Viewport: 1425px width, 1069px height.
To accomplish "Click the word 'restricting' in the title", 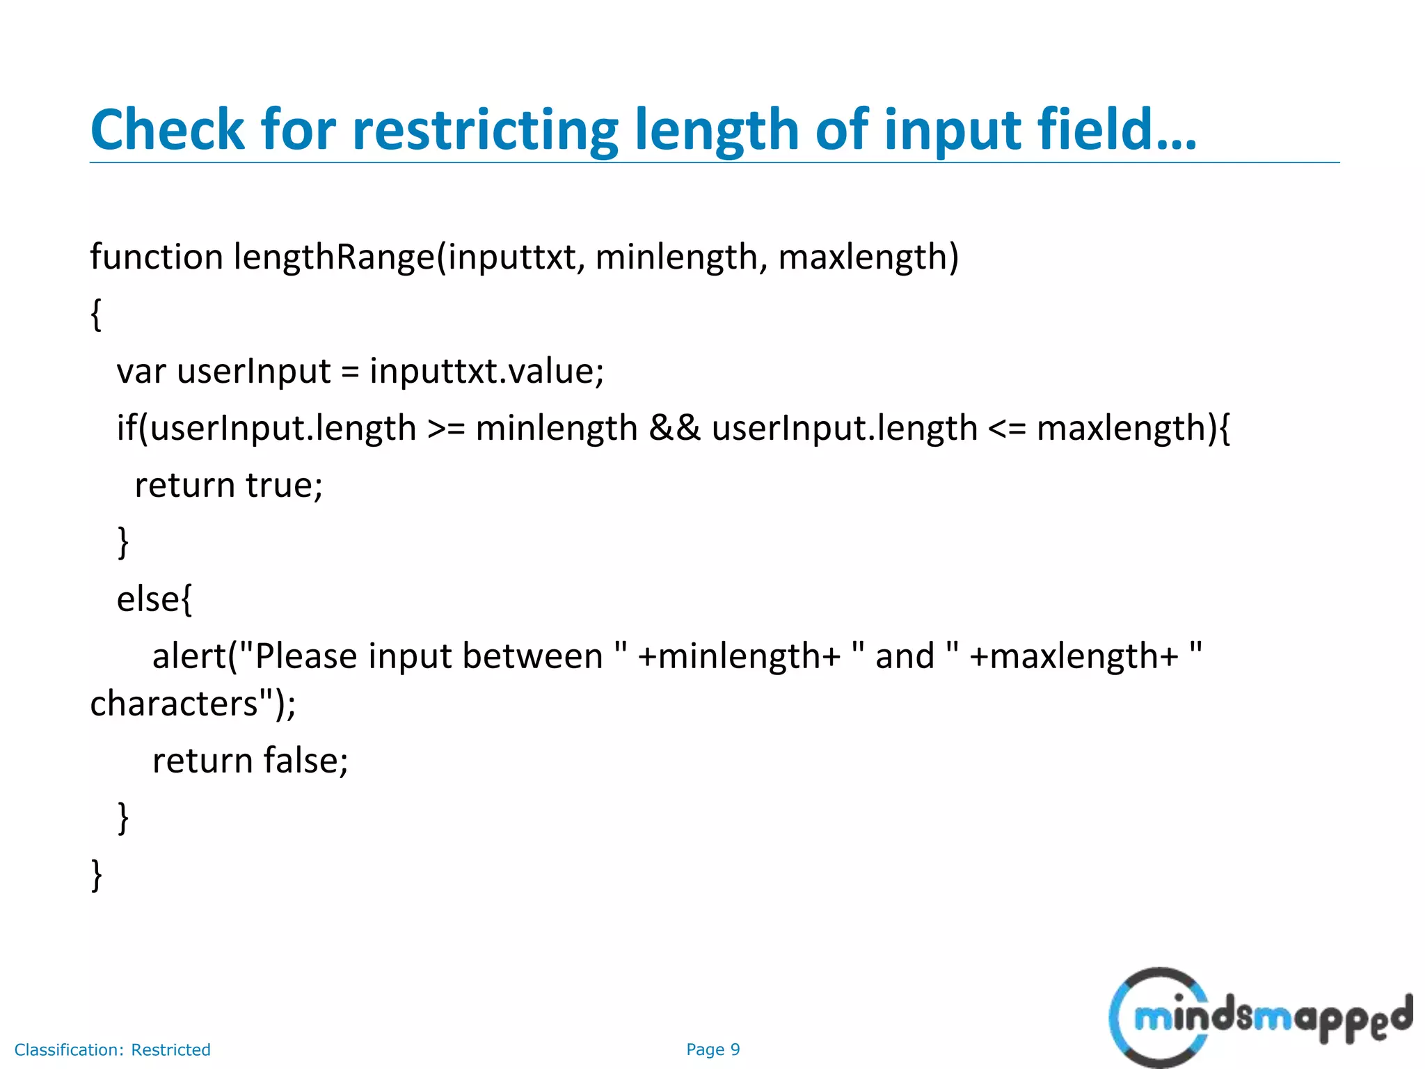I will [485, 131].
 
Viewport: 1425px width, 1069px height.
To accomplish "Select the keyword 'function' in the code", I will [157, 257].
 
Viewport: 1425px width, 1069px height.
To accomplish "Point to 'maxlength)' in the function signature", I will [868, 257].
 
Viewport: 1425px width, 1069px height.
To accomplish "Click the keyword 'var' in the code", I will [141, 371].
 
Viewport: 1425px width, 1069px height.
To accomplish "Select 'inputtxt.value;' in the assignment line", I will [486, 371].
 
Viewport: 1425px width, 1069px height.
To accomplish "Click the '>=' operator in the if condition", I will [446, 428].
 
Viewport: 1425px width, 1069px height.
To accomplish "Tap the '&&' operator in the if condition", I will [674, 428].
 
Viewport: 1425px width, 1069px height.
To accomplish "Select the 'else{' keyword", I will [154, 599].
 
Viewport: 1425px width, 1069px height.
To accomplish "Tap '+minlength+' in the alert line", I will [739, 656].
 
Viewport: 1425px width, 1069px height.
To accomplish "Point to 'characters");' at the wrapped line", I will [193, 704].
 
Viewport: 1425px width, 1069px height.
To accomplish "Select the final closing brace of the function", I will [97, 874].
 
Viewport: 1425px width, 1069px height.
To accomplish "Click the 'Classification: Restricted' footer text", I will [112, 1050].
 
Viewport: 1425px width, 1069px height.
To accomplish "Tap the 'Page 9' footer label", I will [712, 1050].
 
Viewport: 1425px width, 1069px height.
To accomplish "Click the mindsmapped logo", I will [1260, 1017].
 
